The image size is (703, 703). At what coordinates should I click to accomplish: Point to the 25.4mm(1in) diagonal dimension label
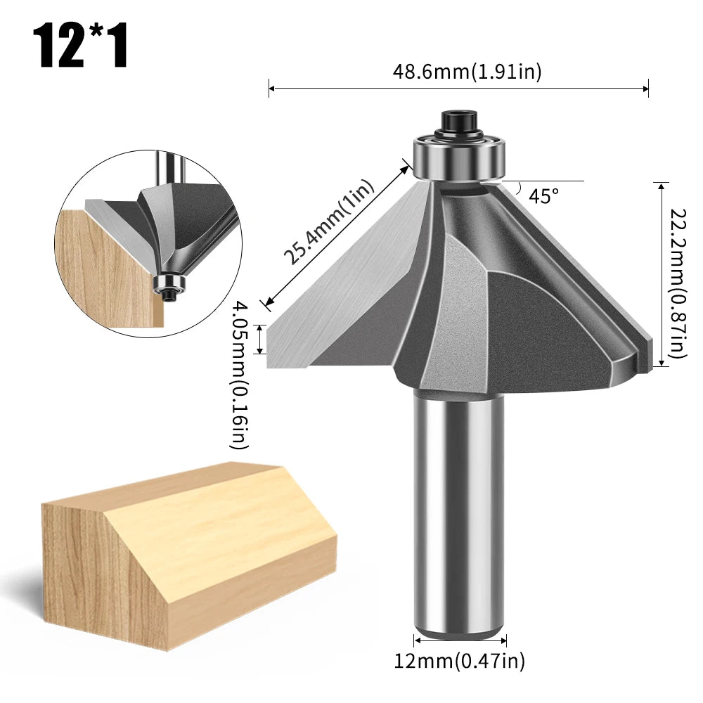[x=329, y=221]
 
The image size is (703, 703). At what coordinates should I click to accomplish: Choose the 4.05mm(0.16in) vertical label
[x=240, y=375]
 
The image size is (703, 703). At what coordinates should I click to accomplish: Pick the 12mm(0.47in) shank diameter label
[x=459, y=661]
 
